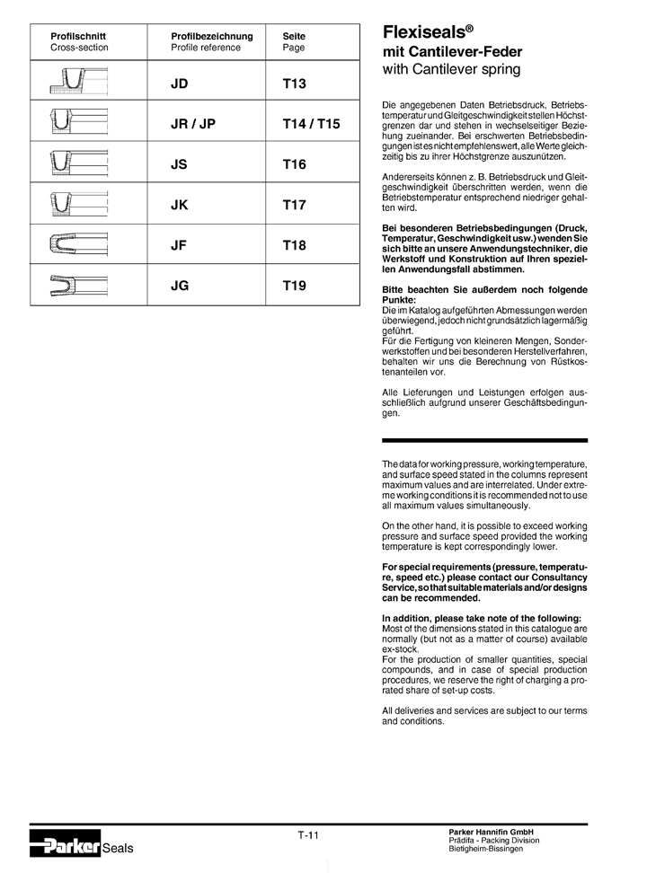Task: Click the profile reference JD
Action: pyautogui.click(x=182, y=84)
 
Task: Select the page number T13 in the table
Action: pyautogui.click(x=295, y=84)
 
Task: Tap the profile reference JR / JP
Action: pyautogui.click(x=193, y=124)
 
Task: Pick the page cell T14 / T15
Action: pyautogui.click(x=312, y=124)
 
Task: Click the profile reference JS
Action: pyautogui.click(x=181, y=164)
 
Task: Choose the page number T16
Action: pyautogui.click(x=295, y=164)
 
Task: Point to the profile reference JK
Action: pyautogui.click(x=181, y=205)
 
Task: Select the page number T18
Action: pyautogui.click(x=295, y=245)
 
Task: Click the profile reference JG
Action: pyautogui.click(x=182, y=286)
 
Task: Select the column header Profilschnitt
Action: pyautogui.click(x=78, y=37)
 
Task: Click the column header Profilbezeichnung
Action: pyautogui.click(x=212, y=37)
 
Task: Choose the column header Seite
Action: pyautogui.click(x=294, y=37)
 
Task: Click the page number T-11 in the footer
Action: pyautogui.click(x=308, y=835)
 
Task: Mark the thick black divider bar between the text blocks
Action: pyautogui.click(x=484, y=440)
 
